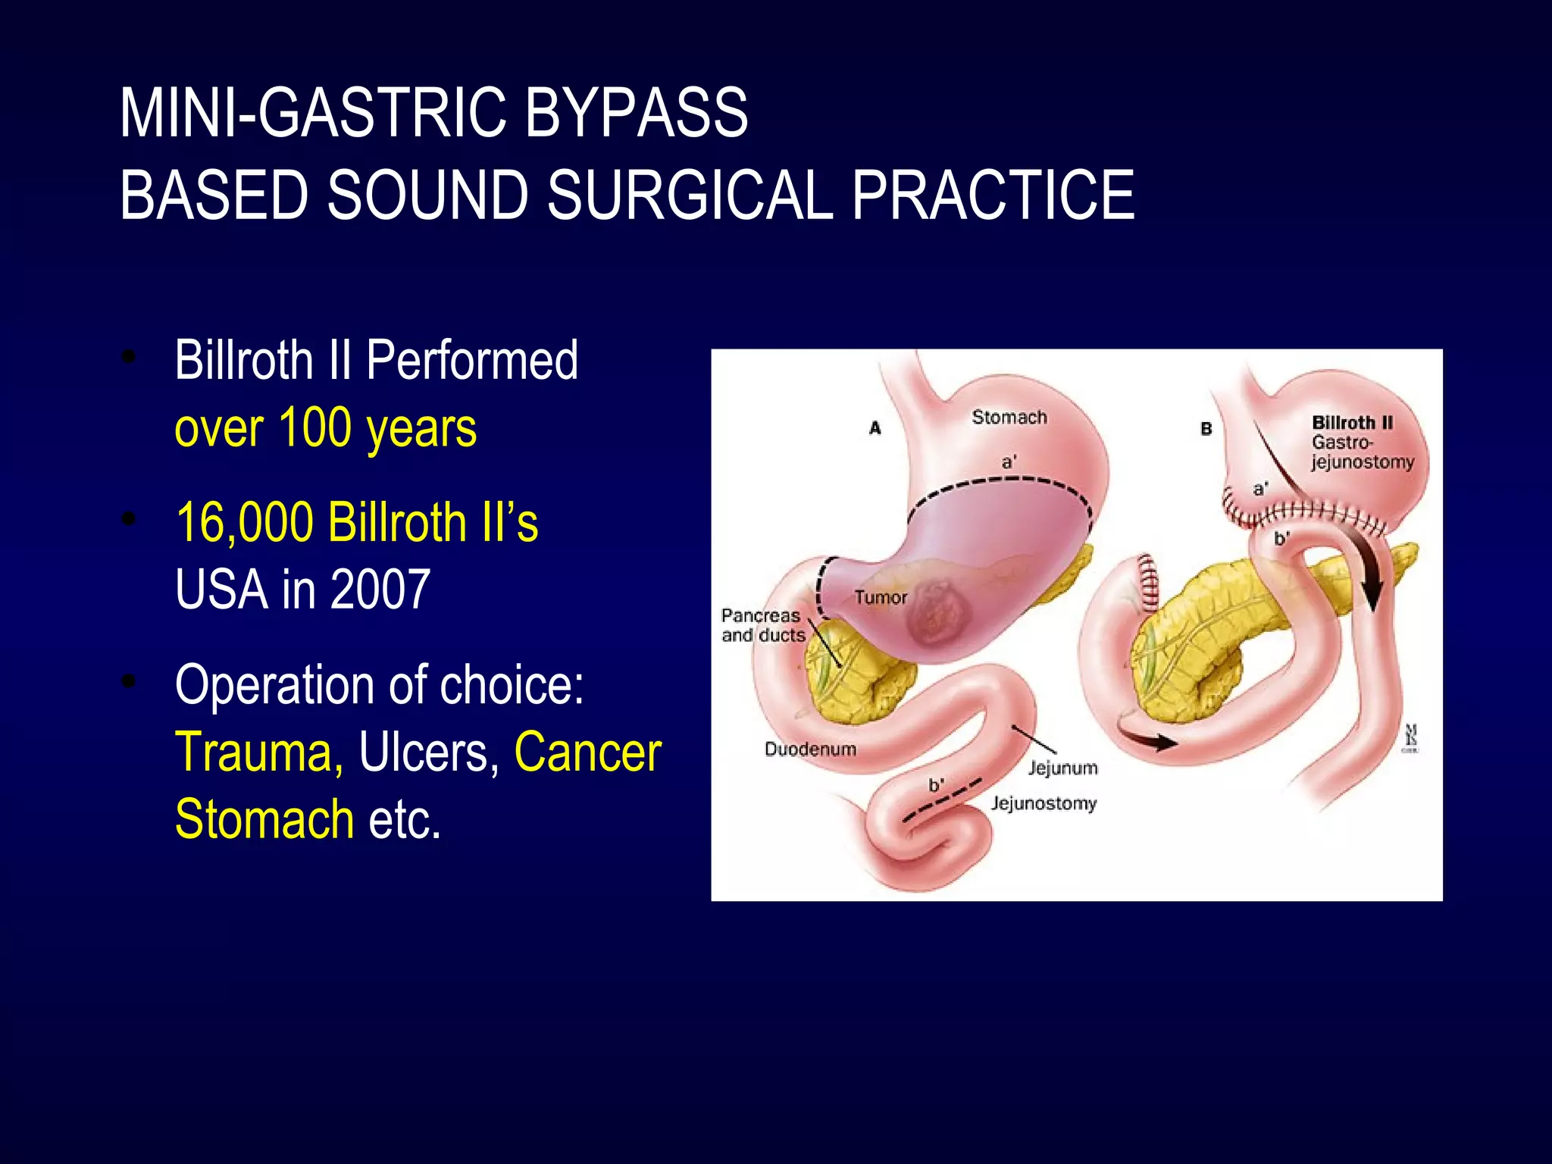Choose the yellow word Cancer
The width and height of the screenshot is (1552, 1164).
pyautogui.click(x=587, y=752)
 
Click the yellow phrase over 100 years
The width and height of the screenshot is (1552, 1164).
pyautogui.click(x=325, y=428)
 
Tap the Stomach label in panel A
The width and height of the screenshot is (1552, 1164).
pyautogui.click(x=1009, y=417)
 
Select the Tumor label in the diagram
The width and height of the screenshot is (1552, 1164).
pyautogui.click(x=881, y=597)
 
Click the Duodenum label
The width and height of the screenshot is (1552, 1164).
pyautogui.click(x=810, y=749)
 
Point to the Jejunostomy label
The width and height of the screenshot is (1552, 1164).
pyautogui.click(x=1044, y=803)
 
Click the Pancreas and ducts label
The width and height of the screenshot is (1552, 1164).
pyautogui.click(x=762, y=625)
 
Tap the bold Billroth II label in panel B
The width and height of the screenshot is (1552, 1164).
pyautogui.click(x=1352, y=422)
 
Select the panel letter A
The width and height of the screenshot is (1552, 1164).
pyautogui.click(x=875, y=428)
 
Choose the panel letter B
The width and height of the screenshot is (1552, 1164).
pyautogui.click(x=1206, y=429)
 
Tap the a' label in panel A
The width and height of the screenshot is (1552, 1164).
pyautogui.click(x=1009, y=462)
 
